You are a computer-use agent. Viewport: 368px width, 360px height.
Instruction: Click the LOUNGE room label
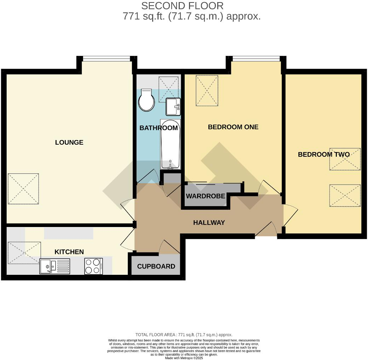click(x=69, y=143)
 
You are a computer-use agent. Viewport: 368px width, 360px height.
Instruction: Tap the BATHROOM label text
click(x=159, y=128)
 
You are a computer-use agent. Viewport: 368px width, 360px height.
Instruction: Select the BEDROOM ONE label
click(x=233, y=127)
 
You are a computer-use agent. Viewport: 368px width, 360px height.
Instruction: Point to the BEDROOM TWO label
click(x=323, y=155)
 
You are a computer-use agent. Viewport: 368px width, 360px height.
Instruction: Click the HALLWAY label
click(x=209, y=223)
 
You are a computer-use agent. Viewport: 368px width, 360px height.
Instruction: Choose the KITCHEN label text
click(x=69, y=252)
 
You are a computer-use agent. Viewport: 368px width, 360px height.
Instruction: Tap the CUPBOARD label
click(x=156, y=266)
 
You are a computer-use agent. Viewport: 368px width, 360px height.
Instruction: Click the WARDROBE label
click(x=206, y=196)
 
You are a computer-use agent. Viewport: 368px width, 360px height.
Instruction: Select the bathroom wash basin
click(x=173, y=106)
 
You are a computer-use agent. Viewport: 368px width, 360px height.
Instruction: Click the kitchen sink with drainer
click(x=55, y=266)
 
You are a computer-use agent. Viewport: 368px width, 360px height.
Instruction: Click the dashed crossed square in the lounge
click(x=23, y=189)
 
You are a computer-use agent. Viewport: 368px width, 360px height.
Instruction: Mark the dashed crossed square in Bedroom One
click(x=207, y=91)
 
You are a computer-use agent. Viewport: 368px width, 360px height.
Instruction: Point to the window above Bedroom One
click(x=256, y=59)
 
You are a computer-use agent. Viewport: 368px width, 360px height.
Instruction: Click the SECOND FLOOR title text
click(x=182, y=6)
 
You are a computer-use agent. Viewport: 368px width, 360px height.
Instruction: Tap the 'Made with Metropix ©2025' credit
click(x=184, y=358)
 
